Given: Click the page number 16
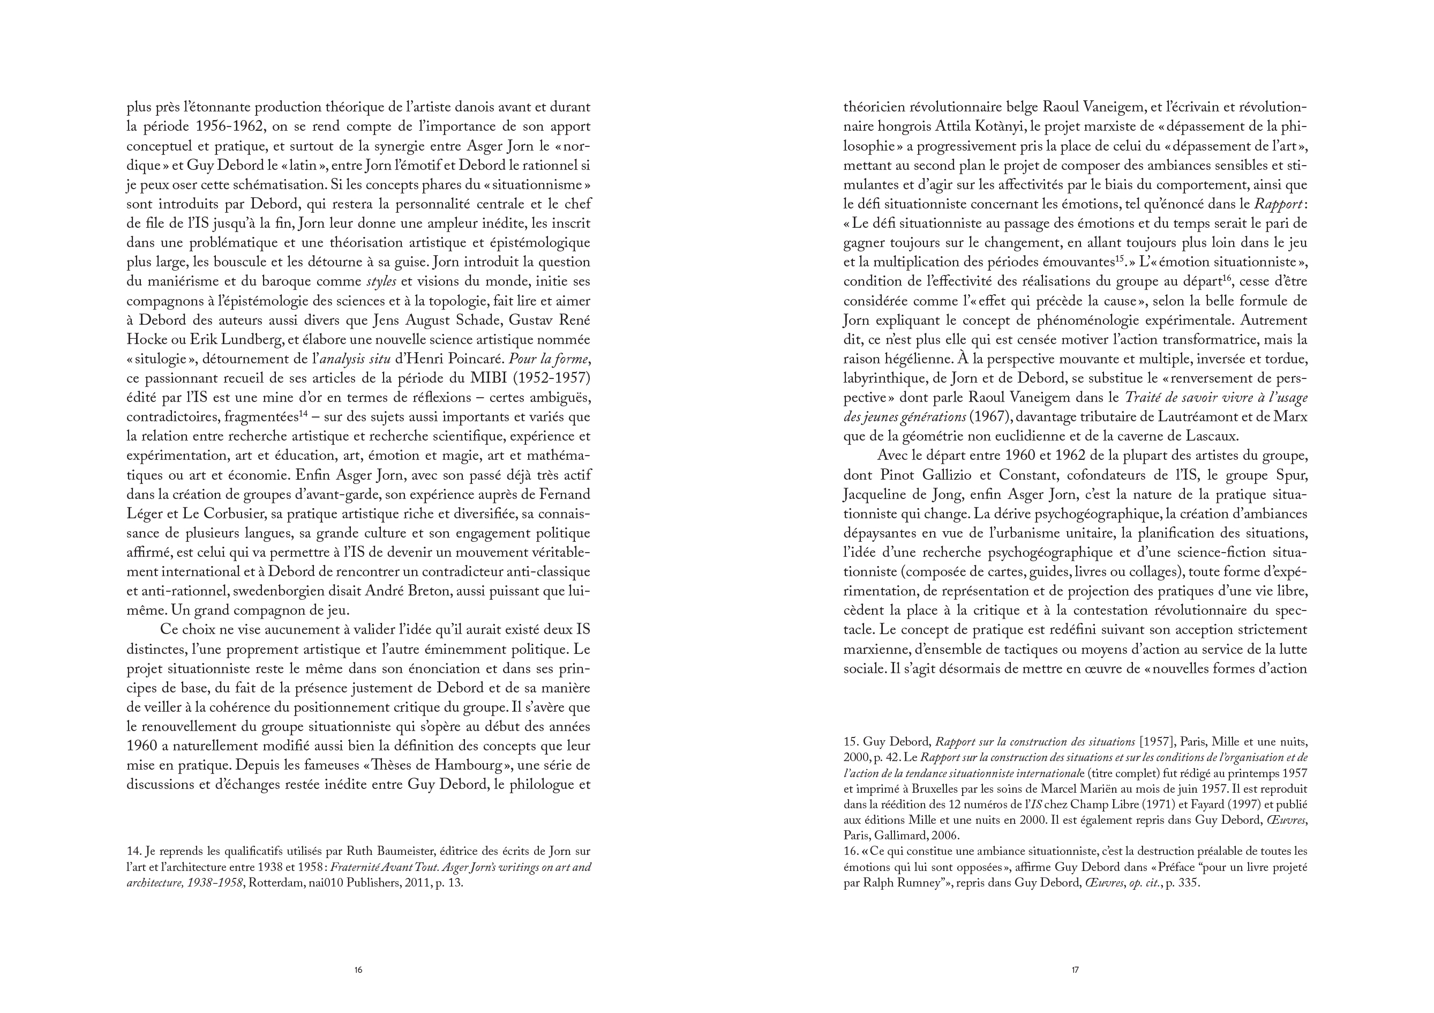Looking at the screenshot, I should pos(358,970).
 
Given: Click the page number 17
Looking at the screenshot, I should pos(1075,970).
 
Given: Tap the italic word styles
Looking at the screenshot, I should pos(381,282).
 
